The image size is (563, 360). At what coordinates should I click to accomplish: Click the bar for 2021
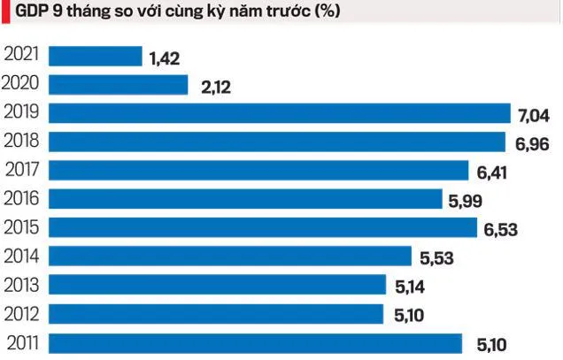pos(95,57)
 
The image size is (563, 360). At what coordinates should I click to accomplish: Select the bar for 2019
pos(280,113)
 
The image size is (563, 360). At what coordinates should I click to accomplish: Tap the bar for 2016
pos(244,199)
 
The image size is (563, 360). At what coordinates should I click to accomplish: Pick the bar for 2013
pos(217,285)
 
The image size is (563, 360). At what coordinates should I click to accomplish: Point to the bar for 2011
pos(255,342)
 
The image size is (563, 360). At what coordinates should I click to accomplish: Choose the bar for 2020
pos(118,85)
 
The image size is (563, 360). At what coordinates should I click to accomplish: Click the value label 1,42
pos(166,58)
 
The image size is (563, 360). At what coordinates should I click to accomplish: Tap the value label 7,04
pos(535,115)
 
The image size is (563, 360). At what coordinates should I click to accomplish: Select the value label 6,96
pos(532,144)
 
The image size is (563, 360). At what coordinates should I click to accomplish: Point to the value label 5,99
pos(466,202)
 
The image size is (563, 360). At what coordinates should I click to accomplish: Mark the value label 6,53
pos(500,230)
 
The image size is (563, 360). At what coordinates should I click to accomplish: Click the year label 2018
pos(22,140)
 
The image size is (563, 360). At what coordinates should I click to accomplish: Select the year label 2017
pos(22,169)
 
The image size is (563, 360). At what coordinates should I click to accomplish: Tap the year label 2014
pos(22,255)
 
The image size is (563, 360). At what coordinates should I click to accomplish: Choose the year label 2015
pos(22,226)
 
